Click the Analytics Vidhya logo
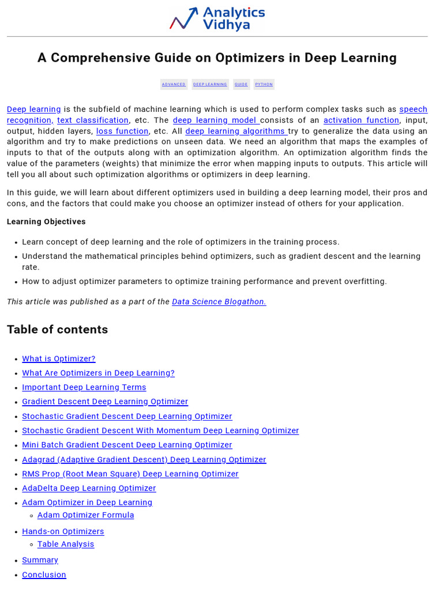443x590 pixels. (217, 18)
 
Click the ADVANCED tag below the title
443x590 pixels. (174, 84)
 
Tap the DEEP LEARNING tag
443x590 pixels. (210, 84)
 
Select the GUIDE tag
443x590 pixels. (241, 84)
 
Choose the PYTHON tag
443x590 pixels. (264, 84)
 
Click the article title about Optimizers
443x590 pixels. (217, 58)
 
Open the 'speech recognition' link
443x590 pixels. (413, 109)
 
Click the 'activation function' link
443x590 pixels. (361, 120)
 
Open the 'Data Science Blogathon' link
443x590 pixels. (219, 302)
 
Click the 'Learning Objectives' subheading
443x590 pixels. (46, 222)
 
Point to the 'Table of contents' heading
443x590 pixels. (57, 330)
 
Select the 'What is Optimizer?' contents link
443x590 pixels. (59, 359)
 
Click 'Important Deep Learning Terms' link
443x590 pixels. (84, 388)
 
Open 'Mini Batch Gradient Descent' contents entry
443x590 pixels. (127, 445)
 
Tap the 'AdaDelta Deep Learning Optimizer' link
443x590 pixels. (89, 489)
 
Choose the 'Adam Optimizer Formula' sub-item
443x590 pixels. (85, 516)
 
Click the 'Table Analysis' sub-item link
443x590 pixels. (66, 544)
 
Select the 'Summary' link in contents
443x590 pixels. (40, 561)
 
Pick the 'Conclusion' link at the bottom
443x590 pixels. (44, 575)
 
